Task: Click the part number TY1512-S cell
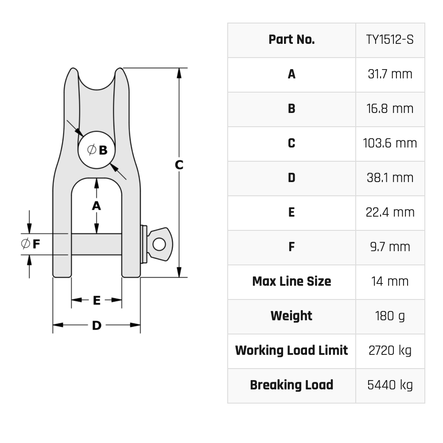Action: (x=390, y=40)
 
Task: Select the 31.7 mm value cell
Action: (x=390, y=74)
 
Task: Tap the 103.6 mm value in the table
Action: (x=390, y=143)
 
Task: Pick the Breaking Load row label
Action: (x=291, y=385)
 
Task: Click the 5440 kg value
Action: (x=390, y=385)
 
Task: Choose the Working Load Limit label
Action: (x=291, y=350)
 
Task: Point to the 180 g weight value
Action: (x=390, y=316)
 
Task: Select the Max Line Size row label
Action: (x=291, y=281)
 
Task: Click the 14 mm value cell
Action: (x=390, y=281)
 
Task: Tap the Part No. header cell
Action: (x=291, y=40)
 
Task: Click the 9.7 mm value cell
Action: (x=390, y=247)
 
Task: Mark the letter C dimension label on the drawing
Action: (x=179, y=165)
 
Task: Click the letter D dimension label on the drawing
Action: (x=97, y=326)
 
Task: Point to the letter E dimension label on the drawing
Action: (x=97, y=300)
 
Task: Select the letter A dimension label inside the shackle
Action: (x=96, y=206)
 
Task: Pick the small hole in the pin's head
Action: (x=159, y=244)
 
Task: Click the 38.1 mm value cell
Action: (x=390, y=178)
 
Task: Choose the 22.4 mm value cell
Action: (x=390, y=212)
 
